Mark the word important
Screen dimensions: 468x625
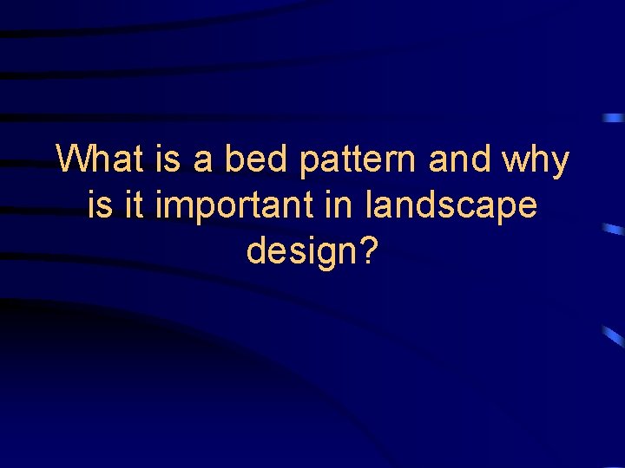click(236, 207)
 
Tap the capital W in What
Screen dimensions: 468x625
click(74, 159)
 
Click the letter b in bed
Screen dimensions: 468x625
click(232, 159)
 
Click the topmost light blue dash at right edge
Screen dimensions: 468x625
click(614, 117)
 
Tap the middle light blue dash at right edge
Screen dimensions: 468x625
click(614, 230)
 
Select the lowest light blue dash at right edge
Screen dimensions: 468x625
click(614, 336)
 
